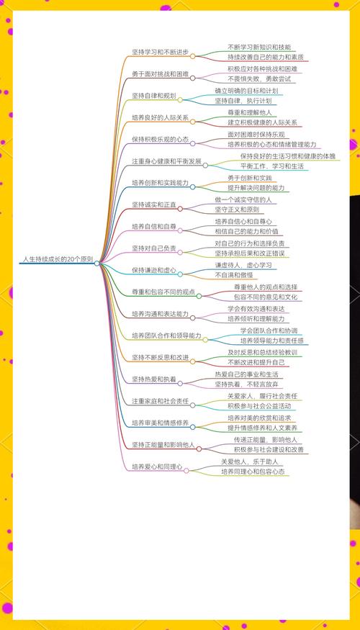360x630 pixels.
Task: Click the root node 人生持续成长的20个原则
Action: pyautogui.click(x=58, y=258)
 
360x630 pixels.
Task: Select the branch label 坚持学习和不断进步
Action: pyautogui.click(x=161, y=52)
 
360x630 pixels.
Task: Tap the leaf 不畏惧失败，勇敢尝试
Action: pyautogui.click(x=259, y=78)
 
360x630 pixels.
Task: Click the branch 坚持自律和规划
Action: pyautogui.click(x=154, y=96)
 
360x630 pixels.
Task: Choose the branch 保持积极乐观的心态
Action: pyautogui.click(x=161, y=140)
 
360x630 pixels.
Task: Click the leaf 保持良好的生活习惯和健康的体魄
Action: pyautogui.click(x=288, y=156)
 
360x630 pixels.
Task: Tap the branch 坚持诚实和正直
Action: pyautogui.click(x=154, y=205)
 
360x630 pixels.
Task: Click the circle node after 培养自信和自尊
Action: pyautogui.click(x=180, y=230)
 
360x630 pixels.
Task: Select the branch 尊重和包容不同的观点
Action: pyautogui.click(x=163, y=292)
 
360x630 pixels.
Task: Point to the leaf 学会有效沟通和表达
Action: pyautogui.click(x=256, y=309)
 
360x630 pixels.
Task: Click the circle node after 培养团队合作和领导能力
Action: pyautogui.click(x=205, y=340)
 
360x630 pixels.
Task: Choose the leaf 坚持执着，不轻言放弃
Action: pyautogui.click(x=247, y=384)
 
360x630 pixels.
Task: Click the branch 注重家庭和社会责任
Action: pyautogui.click(x=161, y=401)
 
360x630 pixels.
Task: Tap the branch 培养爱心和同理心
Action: pyautogui.click(x=157, y=467)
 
